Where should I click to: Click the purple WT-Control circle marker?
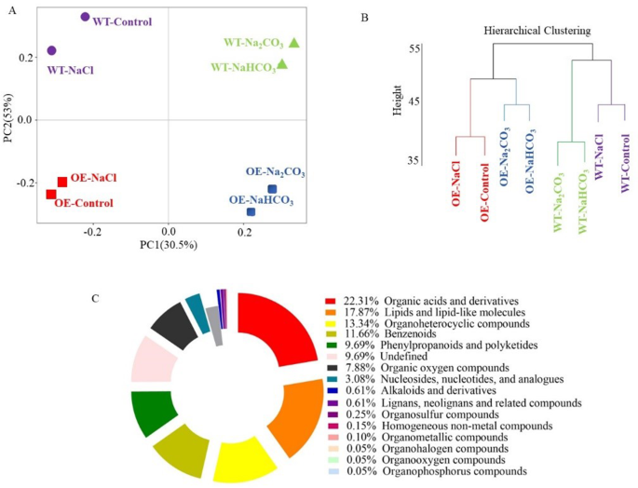coord(85,17)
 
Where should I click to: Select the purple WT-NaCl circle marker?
coord(51,50)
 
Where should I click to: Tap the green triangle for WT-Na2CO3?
coord(294,43)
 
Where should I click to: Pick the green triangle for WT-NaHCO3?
coord(282,64)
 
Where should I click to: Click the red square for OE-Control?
coord(51,194)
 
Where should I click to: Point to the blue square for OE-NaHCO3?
coord(251,211)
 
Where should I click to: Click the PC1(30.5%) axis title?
coord(168,245)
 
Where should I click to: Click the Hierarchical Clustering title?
coord(537,31)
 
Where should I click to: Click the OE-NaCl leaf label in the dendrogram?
coord(455,183)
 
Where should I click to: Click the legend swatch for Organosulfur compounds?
coord(331,413)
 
